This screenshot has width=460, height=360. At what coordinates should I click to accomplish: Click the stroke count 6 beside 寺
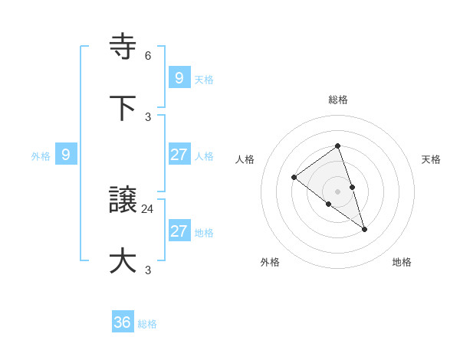point(148,55)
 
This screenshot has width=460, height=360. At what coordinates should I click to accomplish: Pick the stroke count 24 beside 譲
point(148,208)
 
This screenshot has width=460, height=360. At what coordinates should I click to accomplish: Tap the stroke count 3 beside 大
point(148,270)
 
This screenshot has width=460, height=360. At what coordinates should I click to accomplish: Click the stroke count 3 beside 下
point(148,116)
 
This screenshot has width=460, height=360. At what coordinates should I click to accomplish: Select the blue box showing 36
point(123,322)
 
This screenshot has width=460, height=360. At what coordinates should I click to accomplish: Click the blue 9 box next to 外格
point(66,155)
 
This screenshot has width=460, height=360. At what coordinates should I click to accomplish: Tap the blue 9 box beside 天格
point(179,77)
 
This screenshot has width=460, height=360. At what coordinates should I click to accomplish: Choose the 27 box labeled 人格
point(179,155)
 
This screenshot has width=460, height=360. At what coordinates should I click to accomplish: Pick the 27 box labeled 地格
point(179,231)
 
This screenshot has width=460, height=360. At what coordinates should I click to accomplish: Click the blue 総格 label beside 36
point(147,324)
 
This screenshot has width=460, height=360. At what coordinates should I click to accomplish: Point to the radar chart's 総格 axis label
point(338,100)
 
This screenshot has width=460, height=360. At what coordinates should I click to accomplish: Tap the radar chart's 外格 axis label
point(270,262)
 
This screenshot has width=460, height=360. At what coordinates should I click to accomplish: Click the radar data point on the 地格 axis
point(365,229)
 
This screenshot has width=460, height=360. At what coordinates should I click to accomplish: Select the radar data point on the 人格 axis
point(294,178)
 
